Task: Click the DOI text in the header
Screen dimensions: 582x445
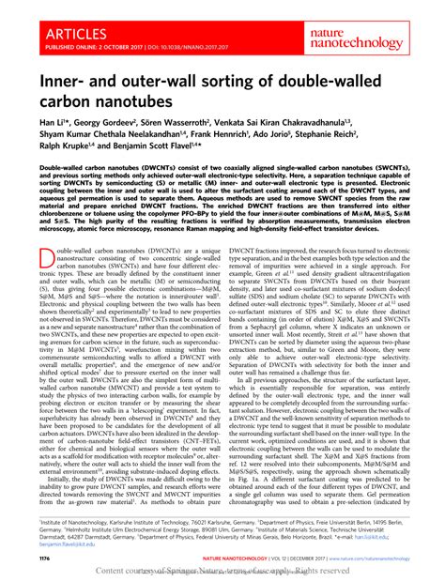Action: coord(178,43)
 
